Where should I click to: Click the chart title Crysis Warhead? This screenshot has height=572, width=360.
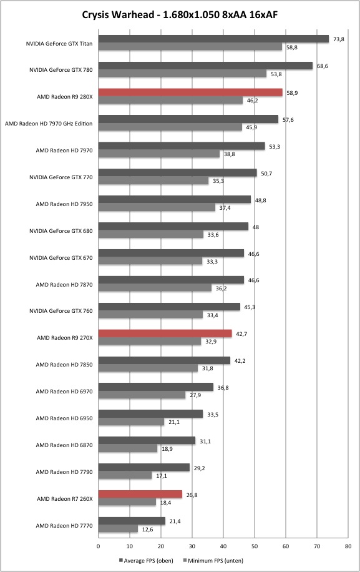click(x=118, y=14)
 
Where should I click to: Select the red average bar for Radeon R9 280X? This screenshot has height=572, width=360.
click(x=190, y=92)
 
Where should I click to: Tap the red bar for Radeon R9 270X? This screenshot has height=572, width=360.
click(x=165, y=333)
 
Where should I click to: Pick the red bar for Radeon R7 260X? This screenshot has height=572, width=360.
click(x=140, y=495)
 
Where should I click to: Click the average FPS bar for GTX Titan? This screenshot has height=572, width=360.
click(x=213, y=39)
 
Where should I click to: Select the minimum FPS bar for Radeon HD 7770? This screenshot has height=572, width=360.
click(x=118, y=529)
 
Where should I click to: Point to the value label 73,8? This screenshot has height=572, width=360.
click(x=339, y=39)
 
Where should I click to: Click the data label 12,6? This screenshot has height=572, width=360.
click(x=147, y=530)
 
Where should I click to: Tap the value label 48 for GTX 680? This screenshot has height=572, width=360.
click(x=256, y=227)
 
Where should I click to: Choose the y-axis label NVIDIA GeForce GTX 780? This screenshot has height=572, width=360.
click(x=61, y=70)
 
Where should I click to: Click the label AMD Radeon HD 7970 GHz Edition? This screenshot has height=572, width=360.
click(x=49, y=123)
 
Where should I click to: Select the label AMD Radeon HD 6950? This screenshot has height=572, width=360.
click(x=64, y=418)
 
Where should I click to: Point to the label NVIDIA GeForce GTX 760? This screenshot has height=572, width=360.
click(x=61, y=311)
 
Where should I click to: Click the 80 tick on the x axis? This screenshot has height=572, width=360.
click(x=348, y=546)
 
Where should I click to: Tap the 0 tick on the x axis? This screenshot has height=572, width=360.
click(x=99, y=546)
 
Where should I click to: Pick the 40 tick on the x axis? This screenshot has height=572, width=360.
click(x=223, y=546)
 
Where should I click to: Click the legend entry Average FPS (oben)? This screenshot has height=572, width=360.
click(x=146, y=560)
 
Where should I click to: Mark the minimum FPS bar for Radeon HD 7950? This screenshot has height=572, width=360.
click(x=157, y=207)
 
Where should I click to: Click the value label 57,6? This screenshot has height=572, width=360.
click(x=288, y=120)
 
